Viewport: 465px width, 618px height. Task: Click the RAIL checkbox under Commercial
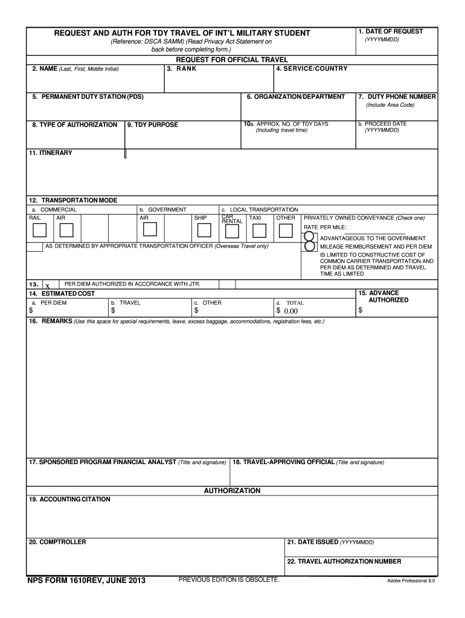[x=39, y=231]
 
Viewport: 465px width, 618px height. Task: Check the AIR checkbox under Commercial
[x=66, y=231]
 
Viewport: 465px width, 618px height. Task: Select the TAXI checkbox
[x=259, y=231]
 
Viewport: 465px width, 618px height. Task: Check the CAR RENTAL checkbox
[x=231, y=231]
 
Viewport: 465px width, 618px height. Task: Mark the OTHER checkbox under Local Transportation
[x=286, y=231]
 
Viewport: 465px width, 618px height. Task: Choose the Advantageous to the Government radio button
[x=309, y=237]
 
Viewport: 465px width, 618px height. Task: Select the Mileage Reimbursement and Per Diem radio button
[x=309, y=246]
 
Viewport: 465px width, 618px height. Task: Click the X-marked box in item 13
[x=48, y=285]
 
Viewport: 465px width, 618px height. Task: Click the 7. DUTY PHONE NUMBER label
[x=397, y=97]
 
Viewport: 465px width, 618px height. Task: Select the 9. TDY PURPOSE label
[x=153, y=125]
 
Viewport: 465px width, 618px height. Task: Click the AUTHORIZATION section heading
[x=232, y=491]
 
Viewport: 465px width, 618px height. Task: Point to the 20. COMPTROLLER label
[x=57, y=542]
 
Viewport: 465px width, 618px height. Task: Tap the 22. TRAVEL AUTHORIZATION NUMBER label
[x=344, y=561]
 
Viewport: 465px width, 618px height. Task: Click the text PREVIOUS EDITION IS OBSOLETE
[x=229, y=580]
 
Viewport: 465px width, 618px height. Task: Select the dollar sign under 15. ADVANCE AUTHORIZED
[x=361, y=311]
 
